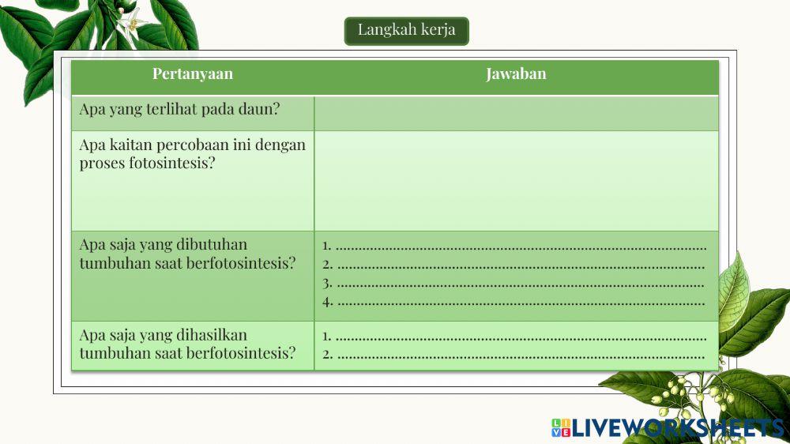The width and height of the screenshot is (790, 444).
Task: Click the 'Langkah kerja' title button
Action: [x=406, y=31]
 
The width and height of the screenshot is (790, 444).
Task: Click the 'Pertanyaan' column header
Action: [x=193, y=74]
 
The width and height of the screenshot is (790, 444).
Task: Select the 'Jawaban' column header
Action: [x=516, y=74]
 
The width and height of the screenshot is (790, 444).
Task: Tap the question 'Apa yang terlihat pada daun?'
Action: [x=179, y=109]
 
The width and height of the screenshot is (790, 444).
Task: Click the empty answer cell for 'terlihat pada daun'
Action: [x=516, y=113]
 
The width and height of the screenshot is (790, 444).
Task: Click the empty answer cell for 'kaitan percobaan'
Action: [x=516, y=180]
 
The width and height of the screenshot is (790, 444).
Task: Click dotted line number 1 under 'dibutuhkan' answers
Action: [x=521, y=246]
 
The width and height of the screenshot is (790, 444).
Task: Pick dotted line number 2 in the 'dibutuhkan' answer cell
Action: [x=521, y=265]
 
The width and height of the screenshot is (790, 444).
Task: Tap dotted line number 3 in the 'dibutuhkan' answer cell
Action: [x=521, y=283]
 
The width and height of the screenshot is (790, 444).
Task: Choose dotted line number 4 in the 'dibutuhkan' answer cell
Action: [x=521, y=301]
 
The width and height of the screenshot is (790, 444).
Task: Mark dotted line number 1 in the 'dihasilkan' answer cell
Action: [x=521, y=337]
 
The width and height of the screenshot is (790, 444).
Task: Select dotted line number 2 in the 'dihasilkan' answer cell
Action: [x=521, y=355]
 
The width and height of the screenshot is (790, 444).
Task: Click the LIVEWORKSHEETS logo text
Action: [x=678, y=428]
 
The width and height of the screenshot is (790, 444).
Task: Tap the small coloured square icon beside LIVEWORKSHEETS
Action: [x=561, y=428]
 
